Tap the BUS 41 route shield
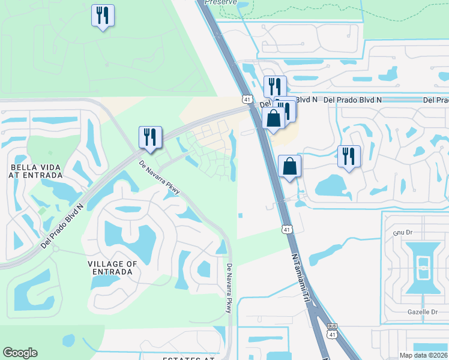(333, 330)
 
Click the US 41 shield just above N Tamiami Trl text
(287, 229)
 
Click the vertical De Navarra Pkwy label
(229, 288)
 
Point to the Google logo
(20, 353)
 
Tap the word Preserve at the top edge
(218, 2)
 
